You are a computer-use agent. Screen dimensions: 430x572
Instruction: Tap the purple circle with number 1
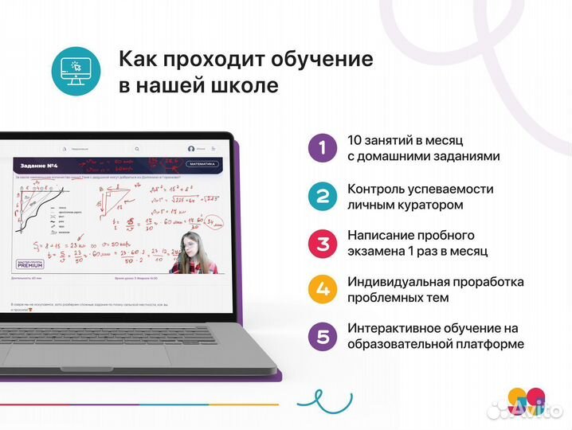pos(322,147)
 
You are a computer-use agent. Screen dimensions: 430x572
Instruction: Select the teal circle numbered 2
pos(322,196)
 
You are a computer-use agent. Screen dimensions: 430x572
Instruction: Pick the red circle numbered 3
pos(322,243)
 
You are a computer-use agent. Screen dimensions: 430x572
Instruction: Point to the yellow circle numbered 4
pos(322,289)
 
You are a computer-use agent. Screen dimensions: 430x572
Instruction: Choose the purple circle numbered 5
pos(322,336)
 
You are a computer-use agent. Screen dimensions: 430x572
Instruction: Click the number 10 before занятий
pos(355,139)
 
